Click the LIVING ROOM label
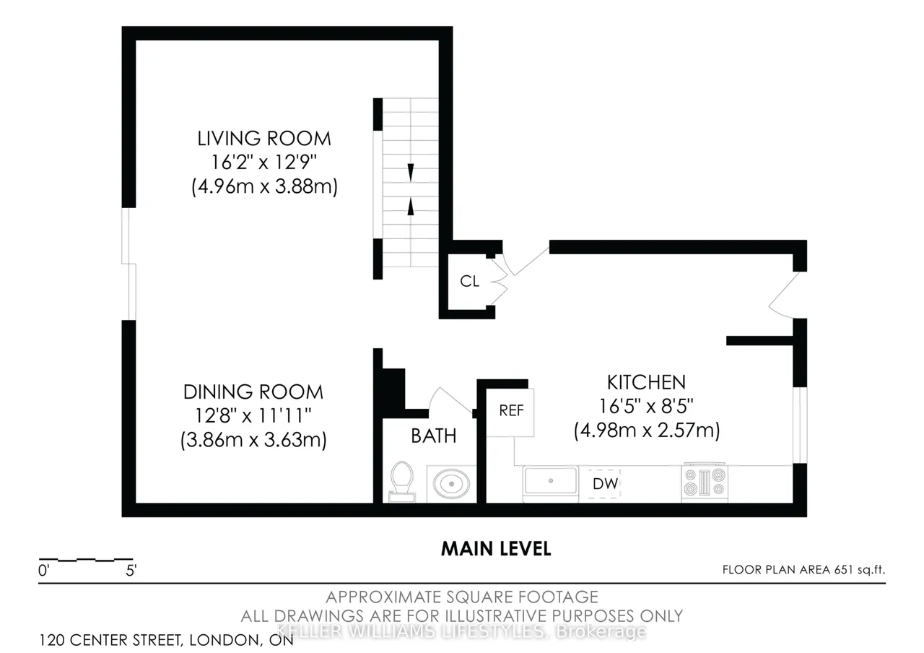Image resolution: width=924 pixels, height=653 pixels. (264, 139)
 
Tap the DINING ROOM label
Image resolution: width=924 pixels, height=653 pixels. (253, 392)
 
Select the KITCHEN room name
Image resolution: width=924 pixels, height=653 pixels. (646, 382)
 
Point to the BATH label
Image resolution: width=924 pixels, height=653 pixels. (434, 436)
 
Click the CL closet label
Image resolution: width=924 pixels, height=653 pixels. (469, 281)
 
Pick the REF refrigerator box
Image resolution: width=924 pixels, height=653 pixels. (510, 412)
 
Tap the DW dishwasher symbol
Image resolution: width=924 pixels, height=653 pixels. (604, 483)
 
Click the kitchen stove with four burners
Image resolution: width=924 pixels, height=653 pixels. (704, 483)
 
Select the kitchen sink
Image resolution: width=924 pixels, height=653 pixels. (550, 483)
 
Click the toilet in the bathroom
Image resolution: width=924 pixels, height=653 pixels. (402, 482)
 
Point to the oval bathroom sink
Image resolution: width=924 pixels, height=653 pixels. (451, 484)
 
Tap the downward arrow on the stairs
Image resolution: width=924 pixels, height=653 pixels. (411, 172)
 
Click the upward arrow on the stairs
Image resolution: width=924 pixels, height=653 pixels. (411, 207)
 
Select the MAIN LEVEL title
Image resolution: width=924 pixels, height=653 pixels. (496, 549)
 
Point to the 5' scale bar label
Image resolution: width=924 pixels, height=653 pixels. (131, 571)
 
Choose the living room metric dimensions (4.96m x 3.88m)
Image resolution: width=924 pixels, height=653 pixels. (264, 187)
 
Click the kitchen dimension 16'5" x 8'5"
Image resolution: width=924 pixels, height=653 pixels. (646, 406)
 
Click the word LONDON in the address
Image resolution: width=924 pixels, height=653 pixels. (225, 640)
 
